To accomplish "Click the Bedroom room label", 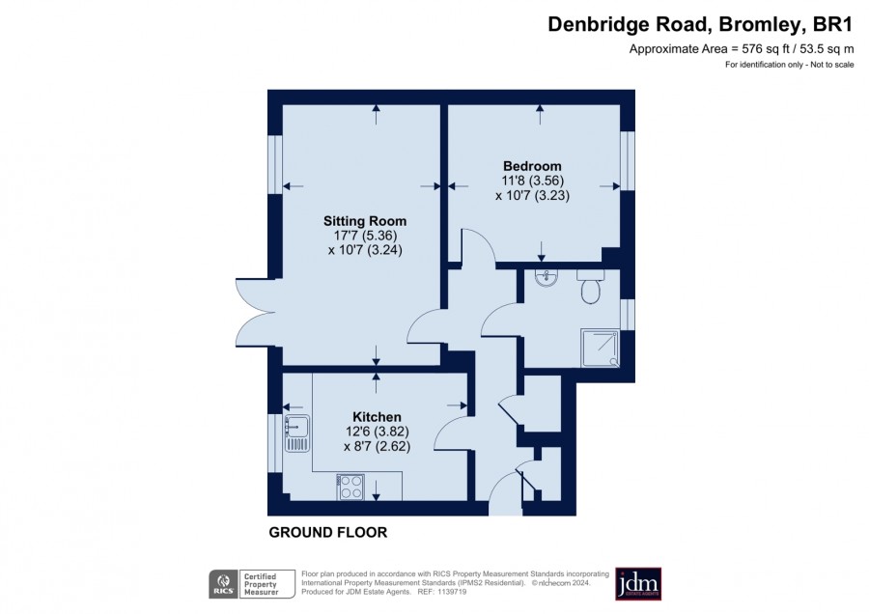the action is [532, 166].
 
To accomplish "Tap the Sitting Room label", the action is [365, 221].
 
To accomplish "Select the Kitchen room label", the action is [377, 417].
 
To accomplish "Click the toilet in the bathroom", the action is [590, 287].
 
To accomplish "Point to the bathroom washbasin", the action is [547, 278].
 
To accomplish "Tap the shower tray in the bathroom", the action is [601, 348].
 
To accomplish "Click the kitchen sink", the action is [297, 433].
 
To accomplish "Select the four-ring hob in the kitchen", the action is [350, 488].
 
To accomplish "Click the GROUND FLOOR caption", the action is [328, 533].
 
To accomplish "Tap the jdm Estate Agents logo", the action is [638, 583].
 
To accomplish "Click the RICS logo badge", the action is [223, 584].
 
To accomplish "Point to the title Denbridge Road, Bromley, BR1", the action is [700, 25].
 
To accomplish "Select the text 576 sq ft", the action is [766, 49].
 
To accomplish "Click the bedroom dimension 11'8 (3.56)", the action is [533, 181].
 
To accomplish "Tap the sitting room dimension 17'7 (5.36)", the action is [365, 236].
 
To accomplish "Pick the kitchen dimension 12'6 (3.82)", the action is [377, 432].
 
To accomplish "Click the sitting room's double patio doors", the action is [256, 313].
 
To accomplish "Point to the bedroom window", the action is [628, 160].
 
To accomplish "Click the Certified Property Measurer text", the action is [261, 584].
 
